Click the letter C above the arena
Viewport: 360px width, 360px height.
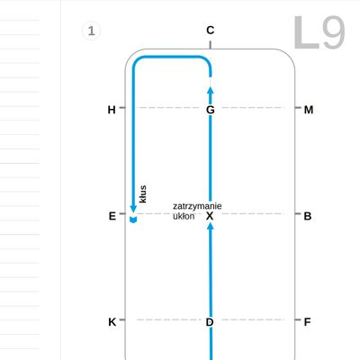(x=211, y=31)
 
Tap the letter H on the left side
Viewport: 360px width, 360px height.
(x=112, y=110)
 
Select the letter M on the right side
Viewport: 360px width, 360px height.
(x=309, y=110)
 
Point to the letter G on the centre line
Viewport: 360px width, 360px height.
(x=211, y=110)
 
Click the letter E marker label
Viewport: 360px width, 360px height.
(x=112, y=216)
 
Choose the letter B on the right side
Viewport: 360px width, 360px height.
(x=308, y=216)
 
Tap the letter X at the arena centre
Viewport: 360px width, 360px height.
(x=210, y=216)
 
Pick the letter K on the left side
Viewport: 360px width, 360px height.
(x=112, y=322)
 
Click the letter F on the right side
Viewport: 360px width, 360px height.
(x=307, y=322)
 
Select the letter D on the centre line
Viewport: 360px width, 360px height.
(x=210, y=322)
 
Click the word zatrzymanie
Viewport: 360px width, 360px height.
(x=197, y=206)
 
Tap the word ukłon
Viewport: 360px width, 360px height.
(x=184, y=216)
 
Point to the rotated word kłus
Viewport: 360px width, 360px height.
(x=143, y=194)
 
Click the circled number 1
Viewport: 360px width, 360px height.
(x=91, y=31)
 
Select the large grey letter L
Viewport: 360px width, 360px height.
(x=306, y=32)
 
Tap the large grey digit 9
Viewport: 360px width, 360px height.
(x=334, y=32)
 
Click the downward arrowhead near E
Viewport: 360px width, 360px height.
(x=133, y=209)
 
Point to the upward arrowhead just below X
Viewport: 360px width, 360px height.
(x=211, y=227)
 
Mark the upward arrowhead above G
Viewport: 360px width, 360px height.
(x=211, y=90)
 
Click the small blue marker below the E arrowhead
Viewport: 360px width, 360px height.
(x=133, y=220)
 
